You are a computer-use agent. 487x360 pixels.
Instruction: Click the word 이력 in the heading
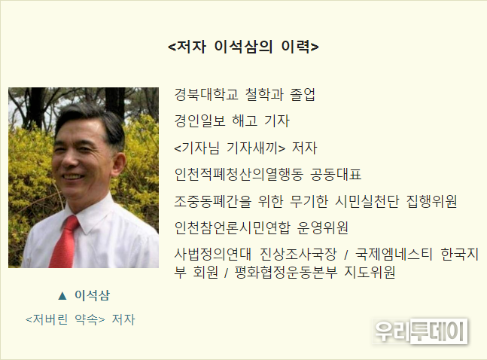pos(300,47)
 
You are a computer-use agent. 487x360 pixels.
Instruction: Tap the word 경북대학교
pos(206,94)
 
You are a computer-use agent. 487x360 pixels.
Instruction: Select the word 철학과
pos(264,94)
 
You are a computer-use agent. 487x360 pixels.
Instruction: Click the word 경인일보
pos(199,121)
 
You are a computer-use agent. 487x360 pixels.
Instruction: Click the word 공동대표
pos(336,174)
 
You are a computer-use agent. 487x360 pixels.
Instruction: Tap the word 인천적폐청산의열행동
pos(239,174)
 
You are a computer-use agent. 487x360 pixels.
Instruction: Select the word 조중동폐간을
pos(213,201)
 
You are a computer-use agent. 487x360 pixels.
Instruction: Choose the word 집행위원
pos(432,201)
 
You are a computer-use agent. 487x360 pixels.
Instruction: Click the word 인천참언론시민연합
pos(232,228)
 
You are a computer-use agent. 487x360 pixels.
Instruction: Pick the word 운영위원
pos(323,228)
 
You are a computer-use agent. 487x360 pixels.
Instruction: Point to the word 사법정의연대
pos(212,255)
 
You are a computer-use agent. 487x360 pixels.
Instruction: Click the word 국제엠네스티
pos(394,255)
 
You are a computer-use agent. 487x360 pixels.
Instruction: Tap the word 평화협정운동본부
pos(286,273)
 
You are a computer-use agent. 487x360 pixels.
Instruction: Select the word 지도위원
pos(370,273)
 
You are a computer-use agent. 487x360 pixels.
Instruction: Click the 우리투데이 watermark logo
pos(420,331)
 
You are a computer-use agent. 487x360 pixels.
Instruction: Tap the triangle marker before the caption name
pos(62,296)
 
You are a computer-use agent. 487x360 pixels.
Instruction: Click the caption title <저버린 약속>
pos(65,319)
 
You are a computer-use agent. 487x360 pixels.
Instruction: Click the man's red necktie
pos(64,242)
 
